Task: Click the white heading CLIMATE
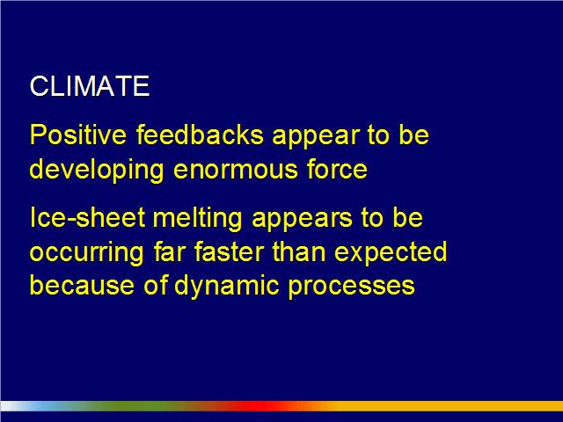(x=90, y=86)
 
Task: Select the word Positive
(x=78, y=135)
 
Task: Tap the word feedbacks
(x=200, y=135)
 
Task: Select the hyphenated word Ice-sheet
(x=87, y=217)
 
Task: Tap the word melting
(x=197, y=219)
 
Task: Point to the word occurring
(x=86, y=253)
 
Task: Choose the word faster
(x=229, y=251)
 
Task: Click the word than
(x=299, y=251)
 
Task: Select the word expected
(x=391, y=253)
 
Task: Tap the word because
(x=82, y=285)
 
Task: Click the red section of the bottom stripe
(x=266, y=406)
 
